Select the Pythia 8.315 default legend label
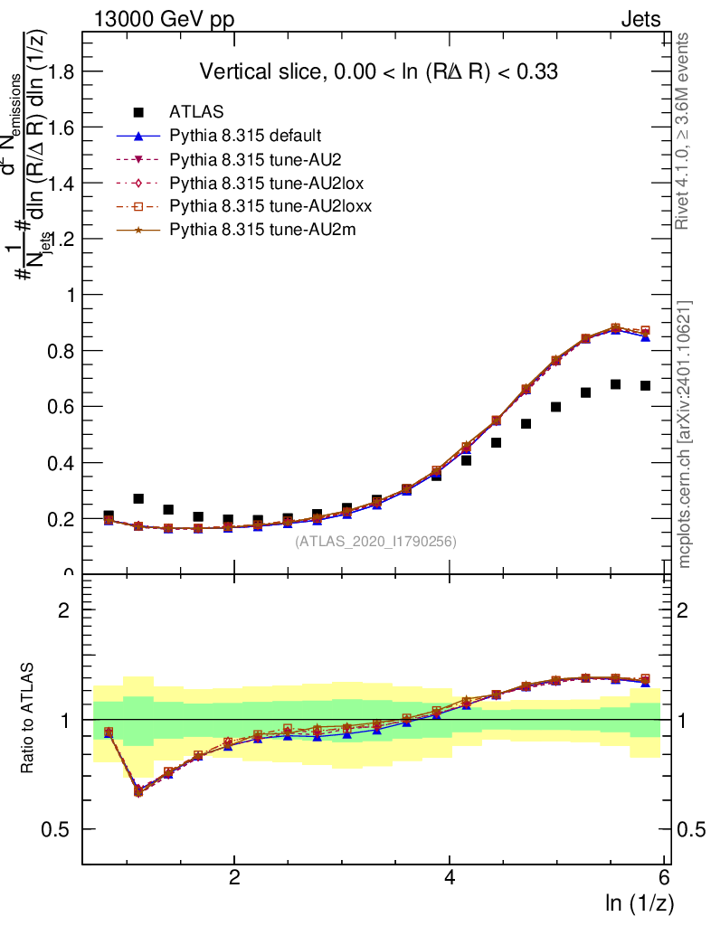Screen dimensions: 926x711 (x=244, y=136)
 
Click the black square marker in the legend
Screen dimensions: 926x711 (x=138, y=112)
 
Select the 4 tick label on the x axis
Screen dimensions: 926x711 (x=450, y=878)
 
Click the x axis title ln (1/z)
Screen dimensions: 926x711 (x=639, y=903)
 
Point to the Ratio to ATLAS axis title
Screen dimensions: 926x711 (x=28, y=719)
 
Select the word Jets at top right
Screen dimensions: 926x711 (x=640, y=19)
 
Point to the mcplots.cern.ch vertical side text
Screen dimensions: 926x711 (x=685, y=434)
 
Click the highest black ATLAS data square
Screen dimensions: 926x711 (x=615, y=384)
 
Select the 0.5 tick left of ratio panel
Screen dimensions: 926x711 (x=61, y=830)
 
